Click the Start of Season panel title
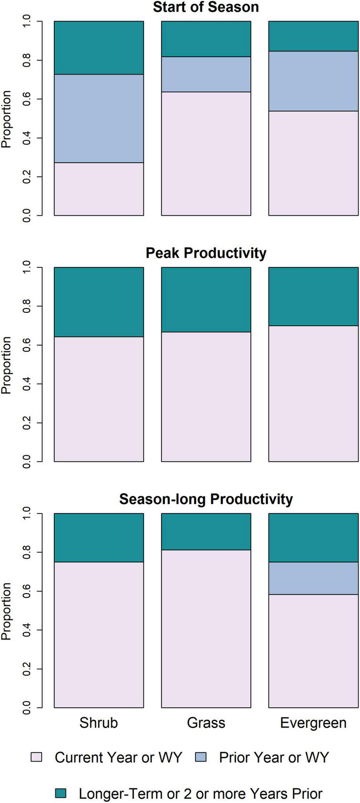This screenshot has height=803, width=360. [x=206, y=7]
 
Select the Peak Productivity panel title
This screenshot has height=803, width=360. [x=206, y=253]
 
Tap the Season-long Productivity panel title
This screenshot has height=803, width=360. [x=206, y=499]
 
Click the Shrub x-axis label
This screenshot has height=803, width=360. [x=99, y=723]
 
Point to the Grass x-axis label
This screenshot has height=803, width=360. [x=206, y=723]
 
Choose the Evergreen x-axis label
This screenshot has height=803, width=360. [x=313, y=723]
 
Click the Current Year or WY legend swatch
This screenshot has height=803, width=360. [x=36, y=757]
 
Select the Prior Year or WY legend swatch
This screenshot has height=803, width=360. [x=201, y=757]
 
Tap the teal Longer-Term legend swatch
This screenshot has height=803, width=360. [x=60, y=793]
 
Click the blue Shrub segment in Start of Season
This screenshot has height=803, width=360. [x=99, y=118]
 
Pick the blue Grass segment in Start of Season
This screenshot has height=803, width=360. [x=206, y=74]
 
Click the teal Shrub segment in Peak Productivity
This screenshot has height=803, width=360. [x=99, y=302]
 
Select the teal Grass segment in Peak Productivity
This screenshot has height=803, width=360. [x=206, y=299]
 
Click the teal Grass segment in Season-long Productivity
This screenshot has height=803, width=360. [x=206, y=531]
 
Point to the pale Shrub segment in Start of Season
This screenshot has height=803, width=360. [x=99, y=189]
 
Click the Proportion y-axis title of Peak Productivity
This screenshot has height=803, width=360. [x=6, y=365]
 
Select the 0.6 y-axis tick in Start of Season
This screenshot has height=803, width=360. [x=26, y=99]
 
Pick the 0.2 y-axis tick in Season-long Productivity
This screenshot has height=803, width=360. [x=26, y=669]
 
